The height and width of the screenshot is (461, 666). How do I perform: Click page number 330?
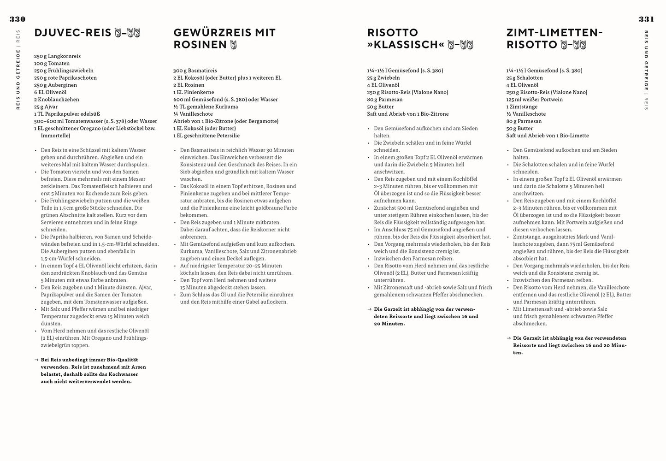click(18, 19)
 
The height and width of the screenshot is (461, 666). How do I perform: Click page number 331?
click(646, 19)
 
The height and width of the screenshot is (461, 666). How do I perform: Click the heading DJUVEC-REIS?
click(73, 33)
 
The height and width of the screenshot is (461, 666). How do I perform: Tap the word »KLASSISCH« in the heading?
click(406, 45)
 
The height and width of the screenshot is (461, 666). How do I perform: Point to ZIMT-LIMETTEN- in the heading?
click(554, 33)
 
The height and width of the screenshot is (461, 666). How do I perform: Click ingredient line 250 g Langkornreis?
click(57, 56)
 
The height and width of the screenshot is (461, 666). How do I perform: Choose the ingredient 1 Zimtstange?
click(522, 106)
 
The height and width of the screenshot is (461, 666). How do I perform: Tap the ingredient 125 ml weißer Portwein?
click(534, 100)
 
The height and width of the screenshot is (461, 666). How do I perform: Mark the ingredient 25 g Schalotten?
click(525, 78)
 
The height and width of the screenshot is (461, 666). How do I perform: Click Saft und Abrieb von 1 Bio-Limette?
click(547, 136)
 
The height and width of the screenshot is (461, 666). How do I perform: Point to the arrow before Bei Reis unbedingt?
click(36, 360)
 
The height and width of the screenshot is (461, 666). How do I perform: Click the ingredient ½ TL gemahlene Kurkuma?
click(206, 106)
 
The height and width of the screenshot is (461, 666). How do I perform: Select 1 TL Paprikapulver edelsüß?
click(67, 114)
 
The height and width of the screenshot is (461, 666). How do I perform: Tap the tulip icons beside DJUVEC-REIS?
click(127, 33)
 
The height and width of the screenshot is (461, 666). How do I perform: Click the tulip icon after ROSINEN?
click(233, 45)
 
